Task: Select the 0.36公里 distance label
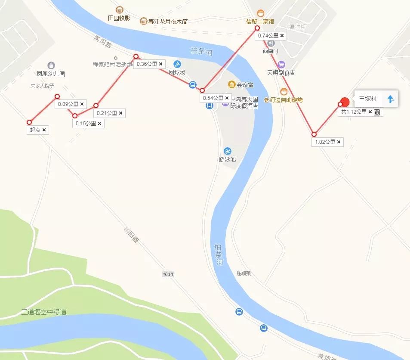tap(147, 64)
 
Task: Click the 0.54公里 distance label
tap(213, 98)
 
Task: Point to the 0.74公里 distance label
tap(268, 36)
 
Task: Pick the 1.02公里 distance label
tap(325, 142)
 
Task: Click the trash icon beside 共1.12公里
tap(377, 112)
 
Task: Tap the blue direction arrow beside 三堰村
tap(391, 99)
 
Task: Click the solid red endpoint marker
tap(345, 102)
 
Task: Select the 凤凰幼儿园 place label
tap(51, 74)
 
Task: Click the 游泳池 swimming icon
tap(227, 151)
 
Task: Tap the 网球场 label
tap(177, 72)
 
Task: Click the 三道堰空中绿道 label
tap(44, 312)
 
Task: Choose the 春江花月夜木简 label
tap(167, 21)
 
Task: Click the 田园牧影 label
tap(119, 18)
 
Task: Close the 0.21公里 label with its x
tap(121, 113)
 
